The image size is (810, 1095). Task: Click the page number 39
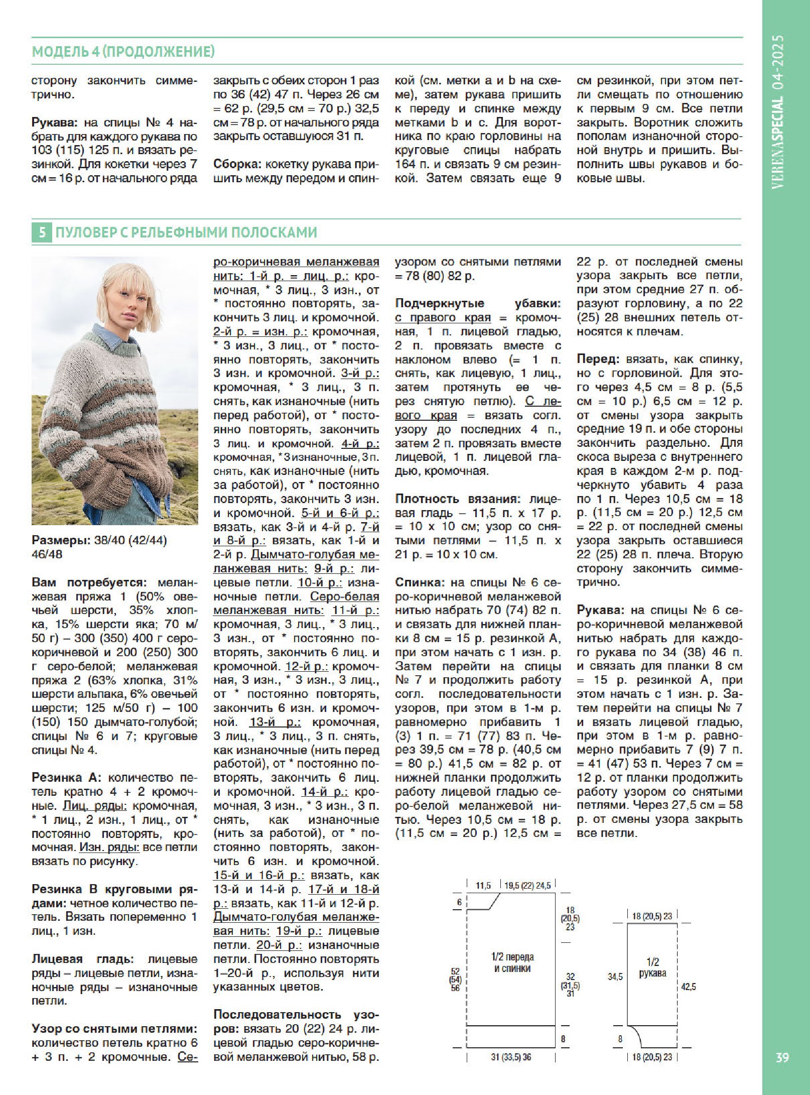(782, 1057)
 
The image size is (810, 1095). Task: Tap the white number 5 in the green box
(42, 232)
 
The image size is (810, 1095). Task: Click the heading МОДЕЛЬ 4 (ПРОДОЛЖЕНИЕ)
(123, 52)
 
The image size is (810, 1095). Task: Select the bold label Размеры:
(61, 540)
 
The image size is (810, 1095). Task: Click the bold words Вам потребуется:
(89, 582)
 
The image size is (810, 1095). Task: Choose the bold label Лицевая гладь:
(82, 958)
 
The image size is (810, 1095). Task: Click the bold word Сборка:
(236, 164)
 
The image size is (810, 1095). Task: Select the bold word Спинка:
(420, 582)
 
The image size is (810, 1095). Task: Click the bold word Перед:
(597, 359)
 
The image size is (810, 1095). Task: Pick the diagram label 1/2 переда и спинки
(512, 962)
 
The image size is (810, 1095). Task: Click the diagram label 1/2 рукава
(652, 967)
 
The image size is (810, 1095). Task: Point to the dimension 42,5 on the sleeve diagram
(689, 987)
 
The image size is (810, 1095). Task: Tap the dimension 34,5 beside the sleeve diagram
(615, 977)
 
